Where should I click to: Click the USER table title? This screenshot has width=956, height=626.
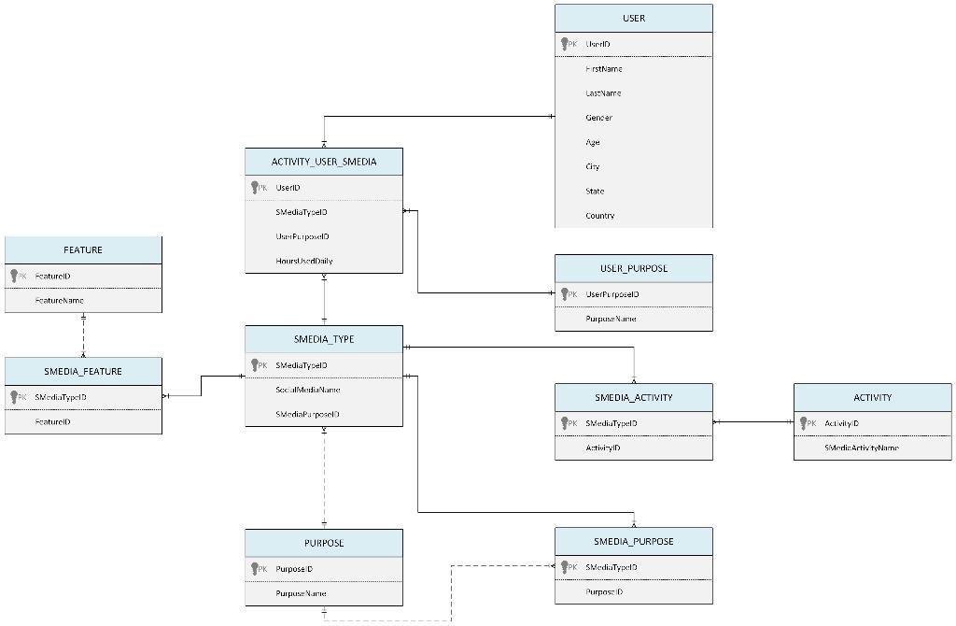click(633, 19)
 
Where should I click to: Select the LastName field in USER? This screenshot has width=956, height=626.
click(603, 93)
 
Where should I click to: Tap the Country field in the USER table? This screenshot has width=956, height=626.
click(599, 216)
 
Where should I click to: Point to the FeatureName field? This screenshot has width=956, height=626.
click(60, 301)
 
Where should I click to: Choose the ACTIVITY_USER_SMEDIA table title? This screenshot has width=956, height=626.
click(324, 162)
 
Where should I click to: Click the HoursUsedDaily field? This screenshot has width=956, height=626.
click(303, 262)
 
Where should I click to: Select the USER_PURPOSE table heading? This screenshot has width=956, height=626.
click(633, 269)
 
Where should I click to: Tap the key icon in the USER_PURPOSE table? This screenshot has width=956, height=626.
click(566, 294)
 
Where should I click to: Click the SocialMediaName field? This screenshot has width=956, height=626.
click(307, 390)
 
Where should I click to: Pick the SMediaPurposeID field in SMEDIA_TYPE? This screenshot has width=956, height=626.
click(307, 414)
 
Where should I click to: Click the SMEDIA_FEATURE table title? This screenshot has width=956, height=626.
click(83, 372)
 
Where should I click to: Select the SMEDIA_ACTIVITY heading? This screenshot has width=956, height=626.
click(633, 398)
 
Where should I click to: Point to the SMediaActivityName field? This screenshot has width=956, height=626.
click(861, 448)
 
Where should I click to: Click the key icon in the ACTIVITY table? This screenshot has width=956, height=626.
click(805, 423)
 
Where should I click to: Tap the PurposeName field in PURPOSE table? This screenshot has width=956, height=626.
click(301, 593)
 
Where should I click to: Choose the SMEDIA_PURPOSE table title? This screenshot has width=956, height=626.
click(633, 542)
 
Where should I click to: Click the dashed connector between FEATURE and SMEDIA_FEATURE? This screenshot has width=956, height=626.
click(83, 336)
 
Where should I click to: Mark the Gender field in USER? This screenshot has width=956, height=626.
click(598, 118)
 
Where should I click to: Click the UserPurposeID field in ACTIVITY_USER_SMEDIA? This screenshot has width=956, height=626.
click(302, 237)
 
